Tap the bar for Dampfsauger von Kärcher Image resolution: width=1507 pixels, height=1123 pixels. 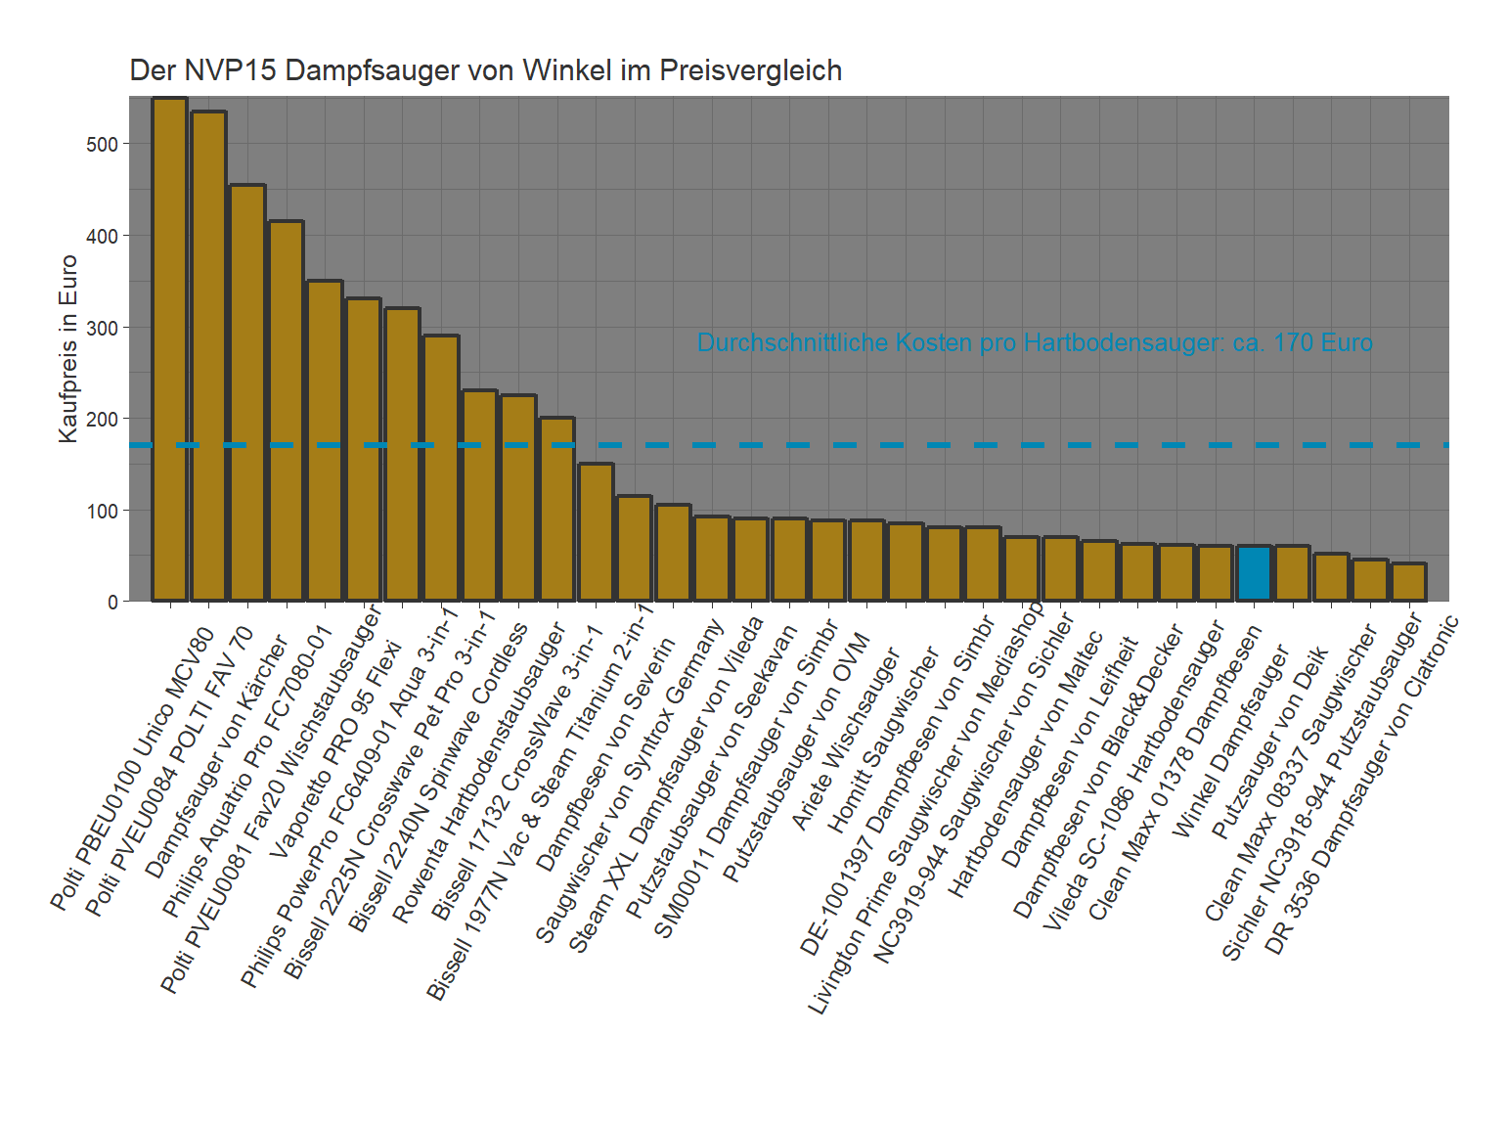tap(247, 392)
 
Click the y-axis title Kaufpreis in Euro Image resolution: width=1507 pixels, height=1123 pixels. tap(68, 348)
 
